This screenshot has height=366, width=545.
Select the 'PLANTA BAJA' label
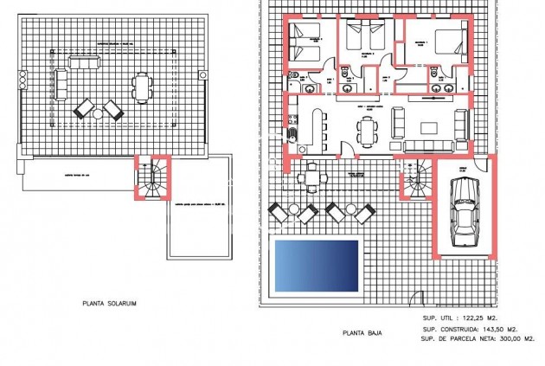point(364,331)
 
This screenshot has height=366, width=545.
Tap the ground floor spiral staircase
point(414,179)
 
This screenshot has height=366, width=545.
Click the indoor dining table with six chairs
point(367,131)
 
